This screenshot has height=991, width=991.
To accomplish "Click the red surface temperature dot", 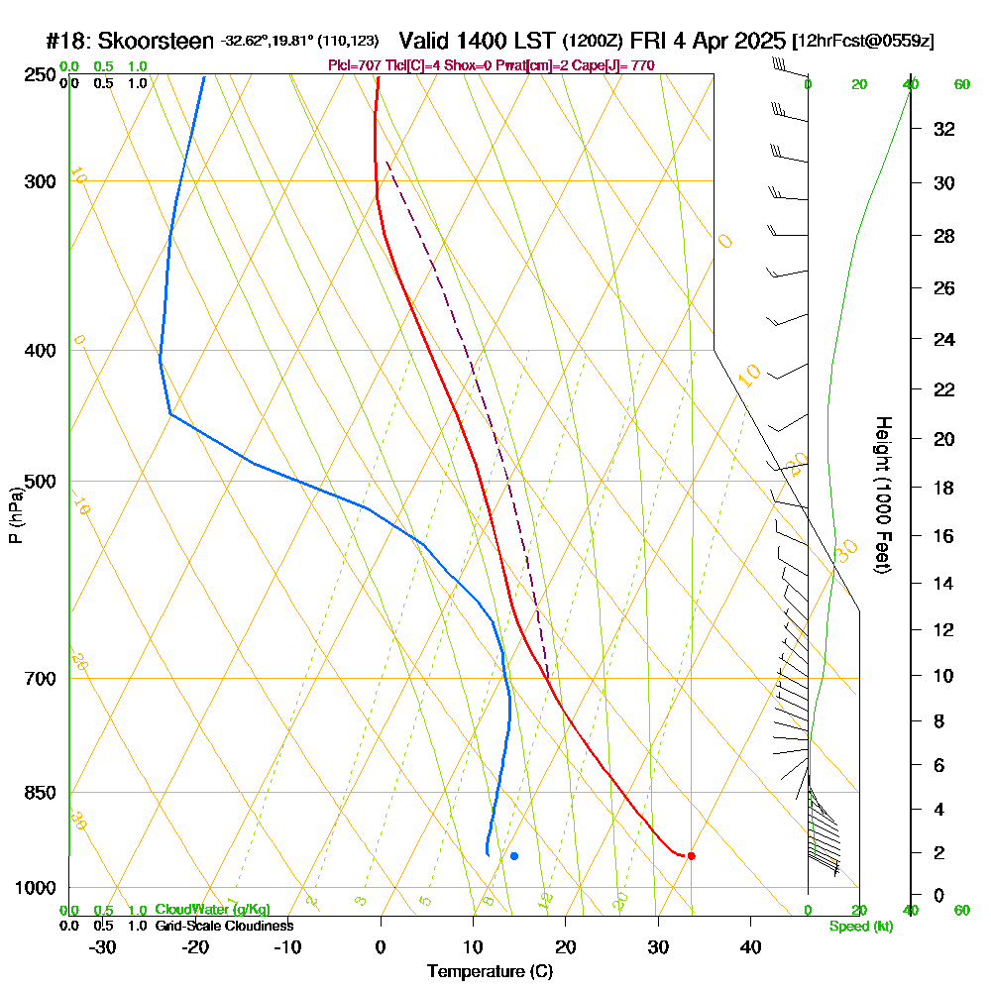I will (691, 855).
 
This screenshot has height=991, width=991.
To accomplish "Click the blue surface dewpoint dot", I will (513, 855).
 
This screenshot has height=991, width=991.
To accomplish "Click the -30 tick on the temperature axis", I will (103, 946).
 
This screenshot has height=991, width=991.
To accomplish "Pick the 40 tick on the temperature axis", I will (751, 946).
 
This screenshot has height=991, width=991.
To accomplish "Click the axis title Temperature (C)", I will (490, 971).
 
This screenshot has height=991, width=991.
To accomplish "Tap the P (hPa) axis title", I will (15, 515).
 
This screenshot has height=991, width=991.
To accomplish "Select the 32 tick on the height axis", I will (944, 129).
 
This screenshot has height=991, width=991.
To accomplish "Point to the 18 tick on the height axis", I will (944, 488).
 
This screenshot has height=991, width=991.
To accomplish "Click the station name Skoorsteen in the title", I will (156, 41).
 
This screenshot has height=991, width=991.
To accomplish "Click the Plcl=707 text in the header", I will (353, 65).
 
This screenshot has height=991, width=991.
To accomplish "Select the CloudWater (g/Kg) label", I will (212, 909).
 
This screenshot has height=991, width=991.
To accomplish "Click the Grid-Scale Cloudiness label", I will (223, 925).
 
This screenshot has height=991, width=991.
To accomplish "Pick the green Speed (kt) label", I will (860, 926).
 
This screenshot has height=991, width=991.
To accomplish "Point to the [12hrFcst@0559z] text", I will (863, 42).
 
